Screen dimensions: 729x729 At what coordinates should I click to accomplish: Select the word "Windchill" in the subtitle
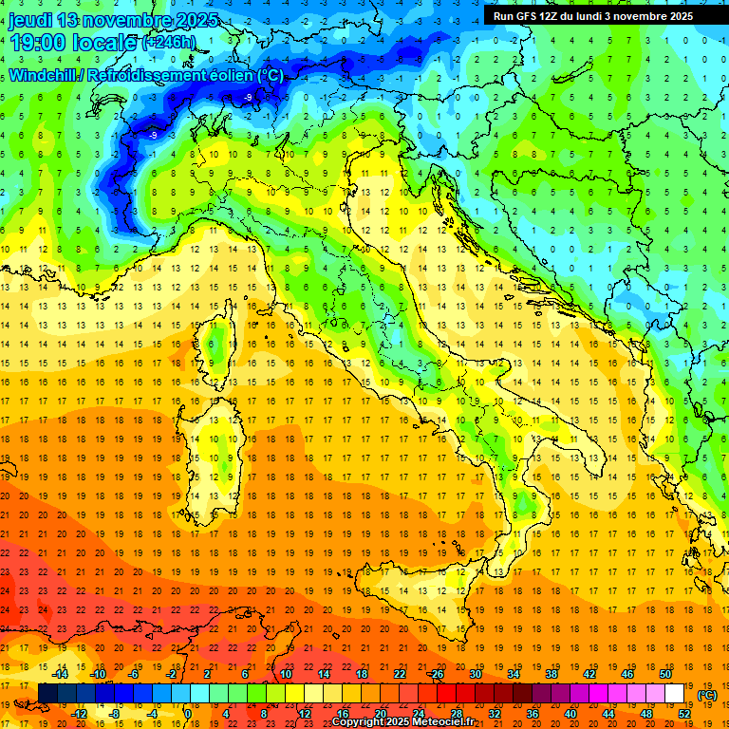coord(42,75)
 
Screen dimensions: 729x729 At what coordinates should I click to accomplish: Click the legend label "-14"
coord(61,674)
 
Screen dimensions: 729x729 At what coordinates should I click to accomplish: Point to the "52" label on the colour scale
coord(684,714)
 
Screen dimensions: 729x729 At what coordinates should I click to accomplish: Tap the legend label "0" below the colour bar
coord(189,714)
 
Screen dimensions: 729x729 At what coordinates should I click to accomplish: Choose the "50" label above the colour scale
coord(664,674)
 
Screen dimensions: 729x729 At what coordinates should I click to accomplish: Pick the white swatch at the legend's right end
coord(674,694)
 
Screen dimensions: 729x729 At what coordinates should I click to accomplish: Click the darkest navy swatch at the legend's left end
coord(47,694)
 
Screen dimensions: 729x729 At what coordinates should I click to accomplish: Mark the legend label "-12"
coord(80,714)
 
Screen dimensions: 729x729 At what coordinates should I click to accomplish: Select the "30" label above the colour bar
coord(475,674)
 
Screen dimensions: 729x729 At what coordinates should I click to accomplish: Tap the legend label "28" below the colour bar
coord(456,714)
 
